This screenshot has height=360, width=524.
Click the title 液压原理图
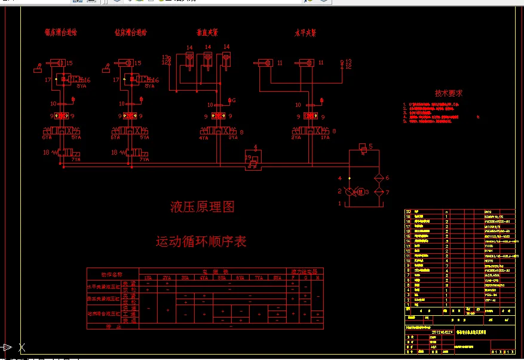202,207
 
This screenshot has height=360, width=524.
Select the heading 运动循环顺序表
201,242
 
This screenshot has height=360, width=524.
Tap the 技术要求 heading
448,94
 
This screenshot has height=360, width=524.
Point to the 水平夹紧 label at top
305,33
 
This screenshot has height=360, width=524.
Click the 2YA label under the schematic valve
296,137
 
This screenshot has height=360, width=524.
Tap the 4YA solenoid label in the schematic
204,137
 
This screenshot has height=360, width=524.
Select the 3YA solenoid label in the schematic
232,137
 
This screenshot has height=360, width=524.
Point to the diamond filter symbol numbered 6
377,178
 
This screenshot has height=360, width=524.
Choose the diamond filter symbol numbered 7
377,192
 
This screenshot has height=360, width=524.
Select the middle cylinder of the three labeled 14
207,60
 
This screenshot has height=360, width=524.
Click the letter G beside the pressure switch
233,100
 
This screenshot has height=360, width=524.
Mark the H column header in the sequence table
317,277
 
